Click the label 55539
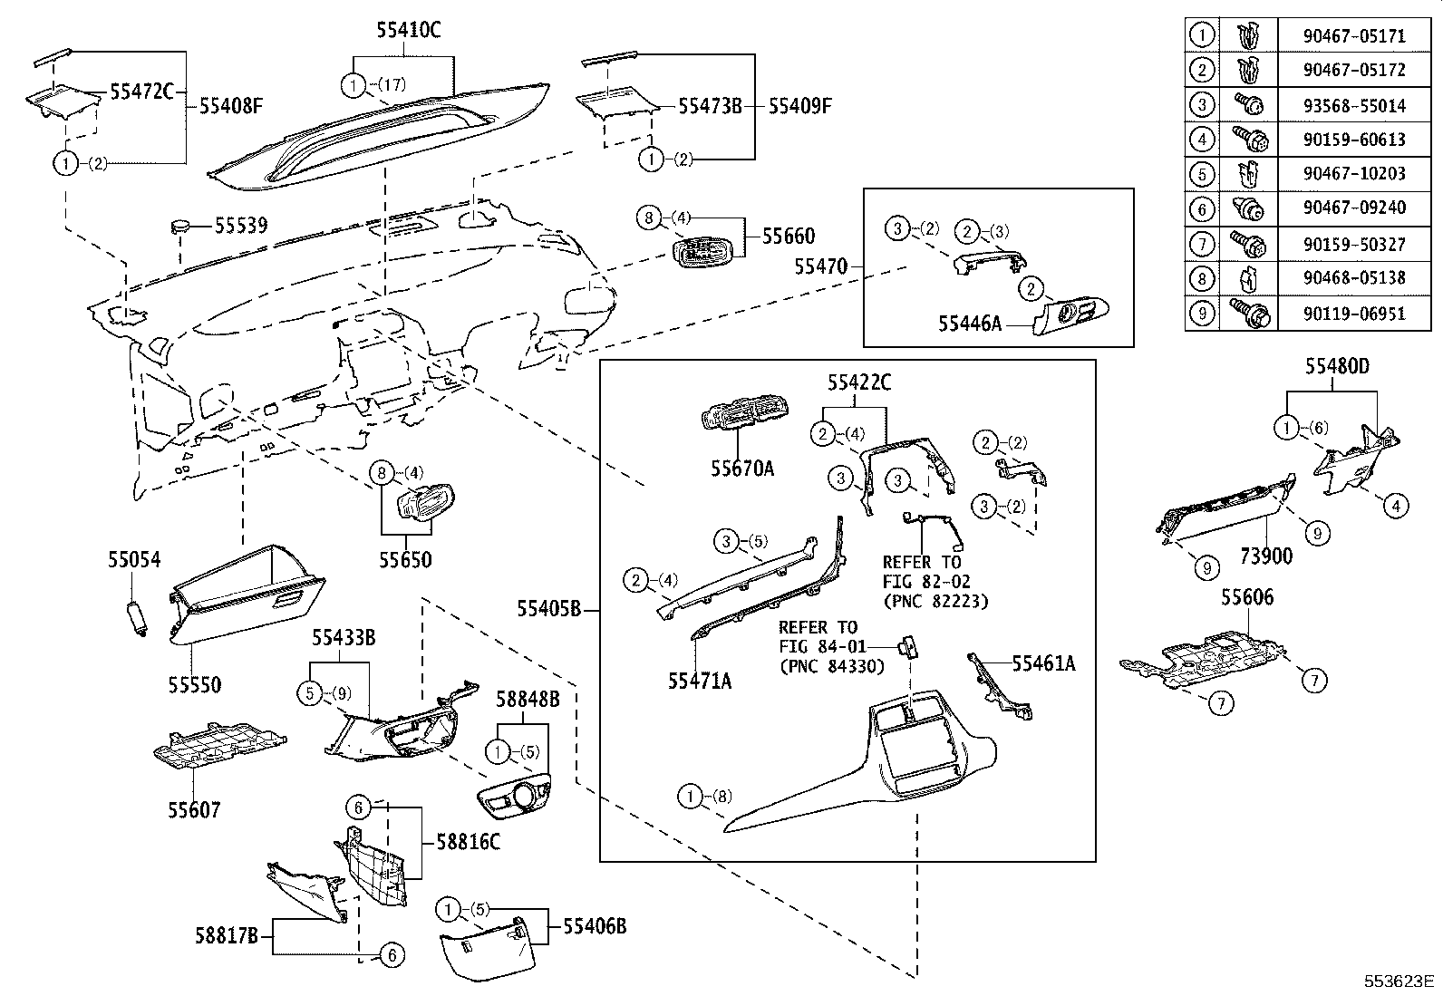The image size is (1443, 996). (241, 225)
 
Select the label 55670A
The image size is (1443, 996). (742, 469)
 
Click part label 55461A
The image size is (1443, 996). (1043, 663)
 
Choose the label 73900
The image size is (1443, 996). (1265, 556)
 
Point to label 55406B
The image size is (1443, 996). (595, 925)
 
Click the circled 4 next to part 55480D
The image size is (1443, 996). (1396, 505)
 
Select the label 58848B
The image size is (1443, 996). (527, 699)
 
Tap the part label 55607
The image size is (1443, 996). (193, 809)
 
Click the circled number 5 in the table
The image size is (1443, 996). (1202, 173)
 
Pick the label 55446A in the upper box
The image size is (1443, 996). (970, 322)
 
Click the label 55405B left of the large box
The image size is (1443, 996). (548, 608)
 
